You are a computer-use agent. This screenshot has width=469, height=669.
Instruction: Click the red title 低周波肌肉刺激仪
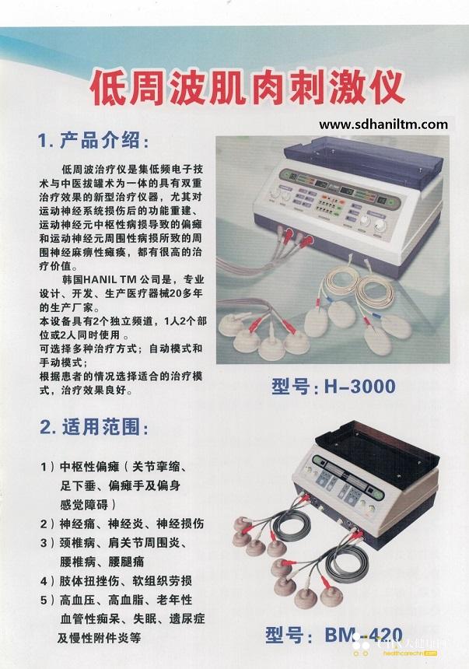[247, 88]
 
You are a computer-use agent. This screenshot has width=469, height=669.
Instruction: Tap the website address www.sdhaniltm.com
[383, 124]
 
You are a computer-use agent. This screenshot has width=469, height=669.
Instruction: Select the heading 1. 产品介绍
[94, 140]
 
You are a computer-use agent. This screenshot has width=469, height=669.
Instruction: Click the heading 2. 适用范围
[94, 426]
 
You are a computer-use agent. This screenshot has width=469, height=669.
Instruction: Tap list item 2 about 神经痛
[122, 524]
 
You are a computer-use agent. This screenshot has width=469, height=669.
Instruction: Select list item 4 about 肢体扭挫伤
[116, 580]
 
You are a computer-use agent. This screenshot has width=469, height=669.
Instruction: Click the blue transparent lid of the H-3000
[362, 156]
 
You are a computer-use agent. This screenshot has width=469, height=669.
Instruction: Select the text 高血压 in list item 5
[77, 600]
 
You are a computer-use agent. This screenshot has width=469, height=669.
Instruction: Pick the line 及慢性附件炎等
[99, 639]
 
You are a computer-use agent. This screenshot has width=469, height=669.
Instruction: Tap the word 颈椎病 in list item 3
[77, 543]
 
